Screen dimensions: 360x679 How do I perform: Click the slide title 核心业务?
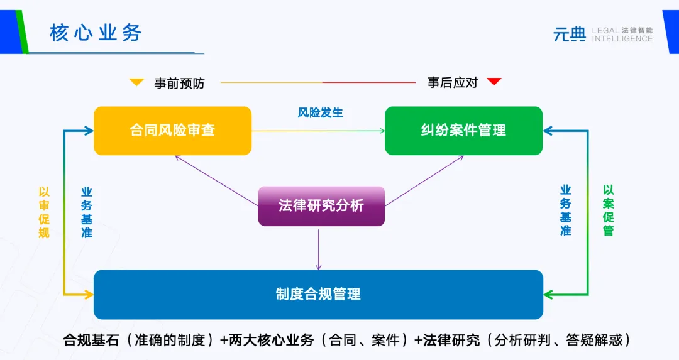tap(96, 33)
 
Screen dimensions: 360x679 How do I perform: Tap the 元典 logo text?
tap(569, 35)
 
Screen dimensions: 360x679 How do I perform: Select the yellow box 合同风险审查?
tap(172, 131)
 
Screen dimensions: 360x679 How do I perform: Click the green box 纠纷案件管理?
tap(463, 131)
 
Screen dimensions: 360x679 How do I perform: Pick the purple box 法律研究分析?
tap(321, 205)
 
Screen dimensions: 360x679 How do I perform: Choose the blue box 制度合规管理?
tap(318, 294)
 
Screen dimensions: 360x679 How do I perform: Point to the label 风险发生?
tap(321, 113)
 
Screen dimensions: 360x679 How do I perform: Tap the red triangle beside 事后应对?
tap(494, 82)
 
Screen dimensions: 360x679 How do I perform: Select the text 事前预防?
tap(179, 83)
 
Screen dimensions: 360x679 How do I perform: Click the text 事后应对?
tap(453, 82)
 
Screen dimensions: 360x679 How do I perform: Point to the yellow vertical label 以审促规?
tap(44, 212)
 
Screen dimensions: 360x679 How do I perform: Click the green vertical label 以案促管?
tap(608, 210)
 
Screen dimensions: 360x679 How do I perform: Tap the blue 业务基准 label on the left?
tap(87, 212)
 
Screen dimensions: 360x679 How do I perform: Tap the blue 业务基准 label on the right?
tap(566, 210)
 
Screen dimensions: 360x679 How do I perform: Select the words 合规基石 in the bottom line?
tap(88, 341)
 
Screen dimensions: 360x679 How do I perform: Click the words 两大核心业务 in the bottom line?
tap(272, 341)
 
